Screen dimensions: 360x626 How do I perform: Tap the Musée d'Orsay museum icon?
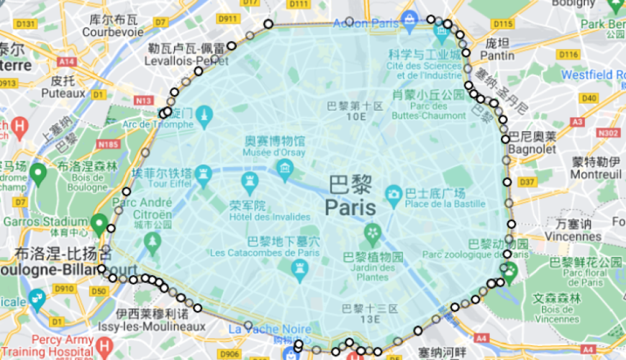[286, 170]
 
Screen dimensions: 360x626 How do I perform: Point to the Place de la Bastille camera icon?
[393, 193]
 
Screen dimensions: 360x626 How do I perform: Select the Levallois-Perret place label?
[188, 61]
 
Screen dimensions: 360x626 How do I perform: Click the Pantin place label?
[497, 55]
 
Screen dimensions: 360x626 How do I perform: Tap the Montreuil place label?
[596, 174]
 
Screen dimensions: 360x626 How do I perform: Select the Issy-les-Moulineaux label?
[160, 326]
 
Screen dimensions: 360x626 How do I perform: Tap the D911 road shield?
[227, 19]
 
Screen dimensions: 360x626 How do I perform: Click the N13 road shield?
[145, 100]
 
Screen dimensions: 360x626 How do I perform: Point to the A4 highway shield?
[502, 337]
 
